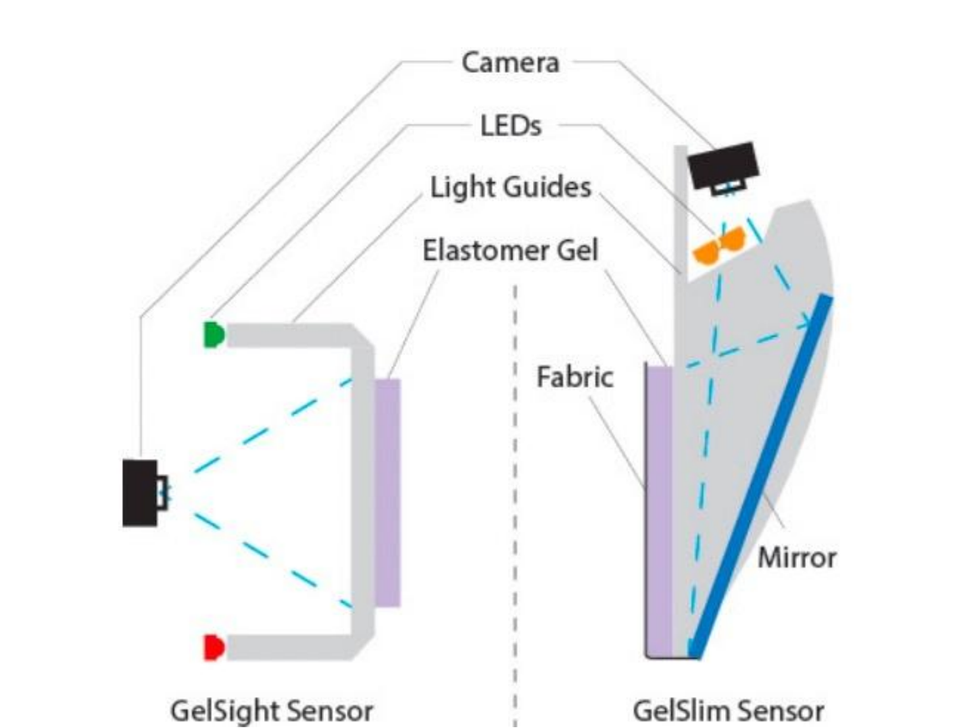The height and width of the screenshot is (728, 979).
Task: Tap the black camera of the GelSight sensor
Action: (x=139, y=492)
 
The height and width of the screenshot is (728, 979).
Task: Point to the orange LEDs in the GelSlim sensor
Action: (x=719, y=245)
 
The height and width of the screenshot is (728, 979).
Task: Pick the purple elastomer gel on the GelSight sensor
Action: (x=387, y=492)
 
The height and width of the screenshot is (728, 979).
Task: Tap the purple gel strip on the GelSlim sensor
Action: (x=660, y=510)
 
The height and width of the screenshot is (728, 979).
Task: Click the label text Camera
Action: (x=510, y=62)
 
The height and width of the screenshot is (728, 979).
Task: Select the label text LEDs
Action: (x=510, y=125)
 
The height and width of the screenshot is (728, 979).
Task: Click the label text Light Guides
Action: (x=510, y=187)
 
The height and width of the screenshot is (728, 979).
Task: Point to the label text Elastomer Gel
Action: (x=510, y=250)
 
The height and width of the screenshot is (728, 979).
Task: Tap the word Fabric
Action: (x=575, y=377)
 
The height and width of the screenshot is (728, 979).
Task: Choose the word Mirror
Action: (x=796, y=557)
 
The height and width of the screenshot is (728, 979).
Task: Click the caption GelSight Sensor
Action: (x=271, y=711)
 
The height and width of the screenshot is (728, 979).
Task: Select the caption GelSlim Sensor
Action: (x=728, y=711)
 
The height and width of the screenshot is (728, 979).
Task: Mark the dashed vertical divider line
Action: (x=515, y=501)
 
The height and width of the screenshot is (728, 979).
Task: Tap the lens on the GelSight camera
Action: (x=162, y=492)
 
